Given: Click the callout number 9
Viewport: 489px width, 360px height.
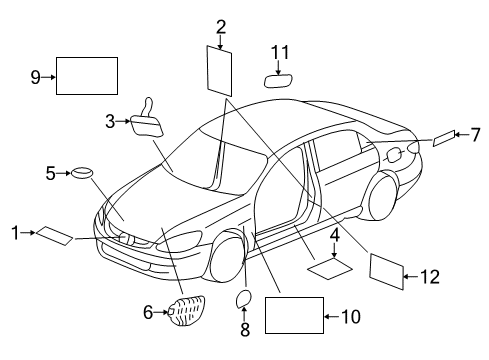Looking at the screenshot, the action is pos(35,77).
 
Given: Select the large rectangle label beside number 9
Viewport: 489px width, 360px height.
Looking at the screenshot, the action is pos(87,76).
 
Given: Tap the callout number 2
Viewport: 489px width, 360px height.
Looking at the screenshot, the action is pos(221,27).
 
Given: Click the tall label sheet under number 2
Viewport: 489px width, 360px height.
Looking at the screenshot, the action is pos(219,71).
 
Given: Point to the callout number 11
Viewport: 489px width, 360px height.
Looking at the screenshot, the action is pos(280,52).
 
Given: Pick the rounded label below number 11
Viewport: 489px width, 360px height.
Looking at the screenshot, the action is pos(278,81).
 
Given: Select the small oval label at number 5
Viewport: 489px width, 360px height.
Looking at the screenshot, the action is pos(82,173).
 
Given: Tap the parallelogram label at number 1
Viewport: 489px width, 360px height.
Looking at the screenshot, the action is pos(54,236).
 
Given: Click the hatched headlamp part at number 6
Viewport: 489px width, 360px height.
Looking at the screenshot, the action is pos(186,311).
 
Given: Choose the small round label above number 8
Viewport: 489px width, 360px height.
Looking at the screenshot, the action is pos(243,298).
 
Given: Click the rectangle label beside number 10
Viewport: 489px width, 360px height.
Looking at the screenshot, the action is pos(294,315).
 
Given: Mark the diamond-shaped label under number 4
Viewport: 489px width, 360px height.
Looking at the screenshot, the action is pos(330,268).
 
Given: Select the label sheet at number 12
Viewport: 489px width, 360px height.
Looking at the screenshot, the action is pos(387,272).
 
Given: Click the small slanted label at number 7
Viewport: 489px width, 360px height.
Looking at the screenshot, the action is pos(444,138).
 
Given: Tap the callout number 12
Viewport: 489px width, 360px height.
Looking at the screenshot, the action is pos(430,277).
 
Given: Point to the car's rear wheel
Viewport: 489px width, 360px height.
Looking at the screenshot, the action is pos(382,198).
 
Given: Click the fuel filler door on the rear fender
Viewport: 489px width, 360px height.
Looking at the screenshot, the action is pos(394,155).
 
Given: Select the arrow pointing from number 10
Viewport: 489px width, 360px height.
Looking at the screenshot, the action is pos(332,316).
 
